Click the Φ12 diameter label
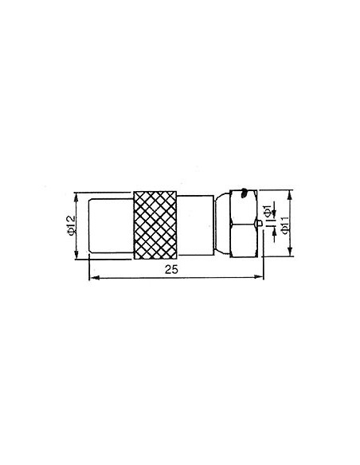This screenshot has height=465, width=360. pyautogui.click(x=71, y=227)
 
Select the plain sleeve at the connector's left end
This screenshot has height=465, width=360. pyautogui.click(x=108, y=226)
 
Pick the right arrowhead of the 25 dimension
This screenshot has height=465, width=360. pyautogui.click(x=259, y=277)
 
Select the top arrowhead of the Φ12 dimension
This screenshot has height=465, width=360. pyautogui.click(x=76, y=195)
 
